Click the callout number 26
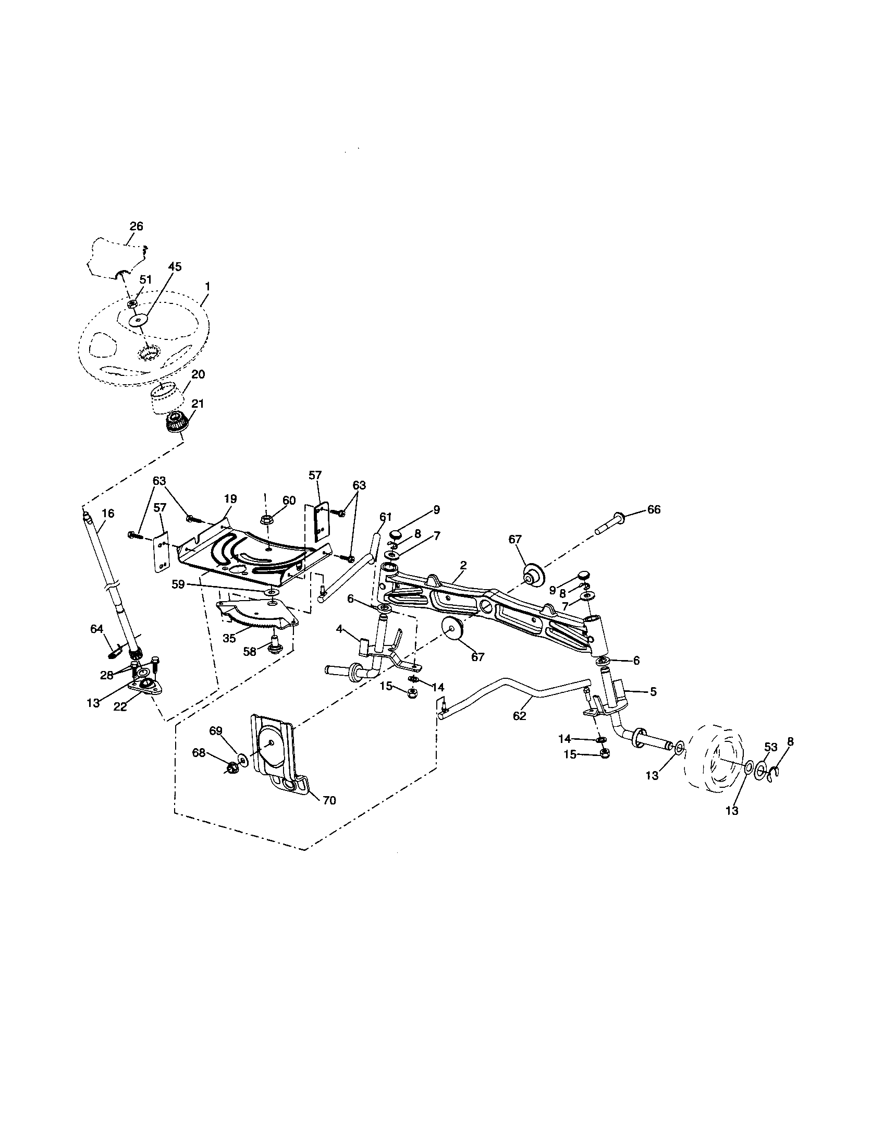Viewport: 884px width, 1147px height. pos(136,226)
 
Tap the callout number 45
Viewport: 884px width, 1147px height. pos(174,267)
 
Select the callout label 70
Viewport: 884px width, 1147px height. pos(328,800)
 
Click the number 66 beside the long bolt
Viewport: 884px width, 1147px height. pos(654,509)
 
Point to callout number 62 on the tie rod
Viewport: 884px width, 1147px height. pos(519,716)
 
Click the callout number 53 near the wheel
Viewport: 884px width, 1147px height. pos(770,747)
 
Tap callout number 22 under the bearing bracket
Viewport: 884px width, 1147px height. pos(120,706)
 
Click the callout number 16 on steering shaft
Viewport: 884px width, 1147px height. pos(107,513)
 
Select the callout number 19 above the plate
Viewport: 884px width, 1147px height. pos(230,498)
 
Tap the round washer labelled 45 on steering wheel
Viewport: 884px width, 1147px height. pos(139,319)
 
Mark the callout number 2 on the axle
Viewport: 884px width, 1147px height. pos(463,565)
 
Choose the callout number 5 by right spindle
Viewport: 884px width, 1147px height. pos(653,692)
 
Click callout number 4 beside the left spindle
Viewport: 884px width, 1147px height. pos(340,628)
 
